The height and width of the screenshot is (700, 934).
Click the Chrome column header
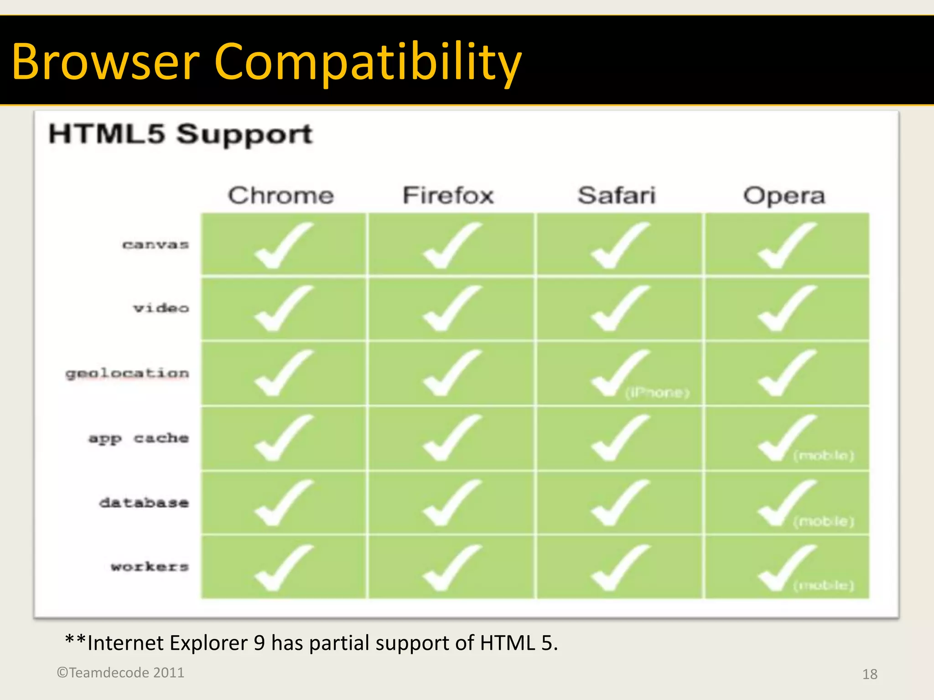(x=281, y=196)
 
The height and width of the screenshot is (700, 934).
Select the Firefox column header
(x=448, y=196)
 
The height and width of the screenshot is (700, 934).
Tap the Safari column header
(x=617, y=196)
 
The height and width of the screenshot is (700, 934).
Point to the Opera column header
(x=784, y=196)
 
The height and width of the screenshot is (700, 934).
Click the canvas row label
(x=156, y=245)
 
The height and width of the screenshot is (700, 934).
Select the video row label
(x=161, y=309)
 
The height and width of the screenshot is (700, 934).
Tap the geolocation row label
(x=127, y=374)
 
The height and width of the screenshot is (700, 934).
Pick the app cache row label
(x=139, y=438)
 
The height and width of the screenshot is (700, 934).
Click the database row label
(x=144, y=503)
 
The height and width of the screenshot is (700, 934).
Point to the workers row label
(x=150, y=567)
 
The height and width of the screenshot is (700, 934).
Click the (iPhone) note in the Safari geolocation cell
(x=657, y=392)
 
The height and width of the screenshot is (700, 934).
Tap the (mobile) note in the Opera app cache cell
(x=824, y=455)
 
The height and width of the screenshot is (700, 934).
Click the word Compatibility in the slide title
(x=368, y=62)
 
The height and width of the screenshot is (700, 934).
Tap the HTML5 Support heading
(x=181, y=134)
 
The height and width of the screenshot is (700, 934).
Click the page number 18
(x=870, y=674)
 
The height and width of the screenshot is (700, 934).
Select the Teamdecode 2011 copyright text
(x=121, y=673)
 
